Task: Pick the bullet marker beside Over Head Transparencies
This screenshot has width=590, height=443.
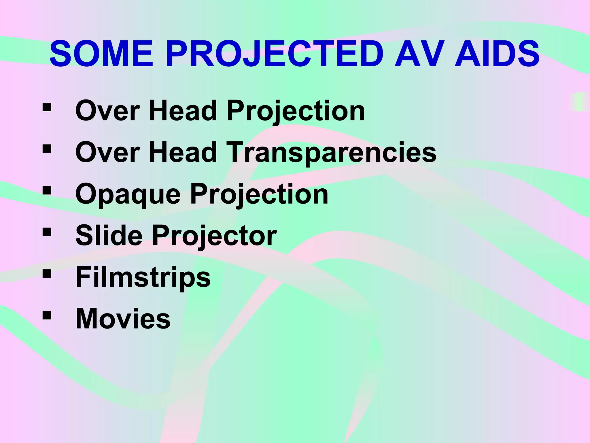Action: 47,149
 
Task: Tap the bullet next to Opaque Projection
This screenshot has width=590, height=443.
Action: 47,190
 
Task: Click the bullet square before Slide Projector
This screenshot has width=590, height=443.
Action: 47,232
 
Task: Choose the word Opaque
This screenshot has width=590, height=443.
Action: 128,194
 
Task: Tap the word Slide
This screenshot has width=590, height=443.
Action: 109,235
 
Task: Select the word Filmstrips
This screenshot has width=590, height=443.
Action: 143,277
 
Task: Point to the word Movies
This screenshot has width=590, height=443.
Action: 123,318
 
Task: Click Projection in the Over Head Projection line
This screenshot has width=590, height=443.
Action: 296,111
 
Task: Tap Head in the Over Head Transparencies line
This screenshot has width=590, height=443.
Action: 183,152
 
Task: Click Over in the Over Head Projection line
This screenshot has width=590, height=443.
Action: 107,111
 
